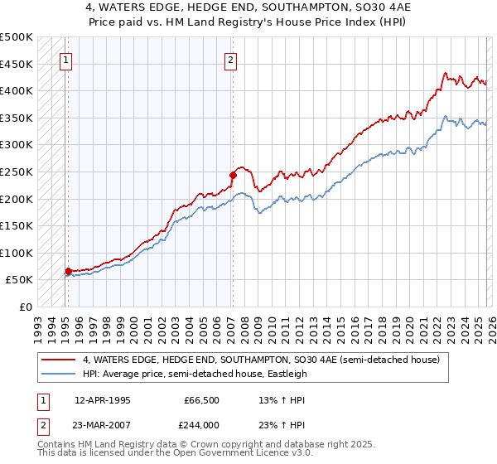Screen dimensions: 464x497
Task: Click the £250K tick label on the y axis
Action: point(17,172)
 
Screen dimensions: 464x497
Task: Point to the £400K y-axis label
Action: point(17,90)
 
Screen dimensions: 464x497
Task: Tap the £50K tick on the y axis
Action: point(19,280)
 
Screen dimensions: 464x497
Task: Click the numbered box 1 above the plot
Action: point(65,59)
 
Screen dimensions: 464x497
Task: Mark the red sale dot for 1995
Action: point(68,271)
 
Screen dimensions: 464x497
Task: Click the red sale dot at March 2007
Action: point(233,175)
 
